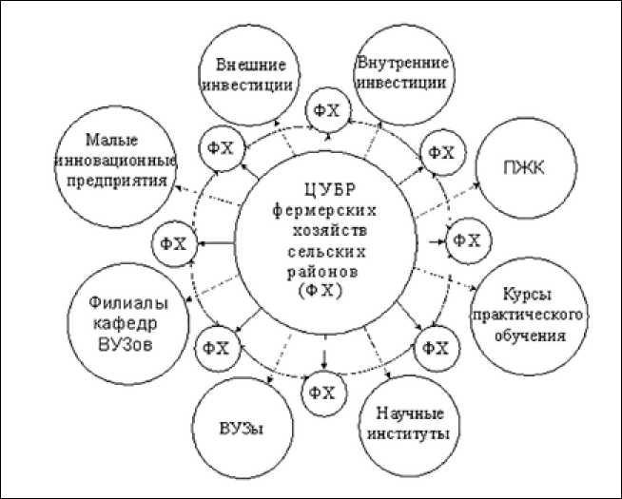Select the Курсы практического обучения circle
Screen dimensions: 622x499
[x=523, y=313]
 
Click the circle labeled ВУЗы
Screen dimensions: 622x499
[x=241, y=427]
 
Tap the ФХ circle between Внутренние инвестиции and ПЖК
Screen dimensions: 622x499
[x=439, y=152]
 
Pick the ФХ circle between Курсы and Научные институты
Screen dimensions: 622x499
[x=435, y=347]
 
